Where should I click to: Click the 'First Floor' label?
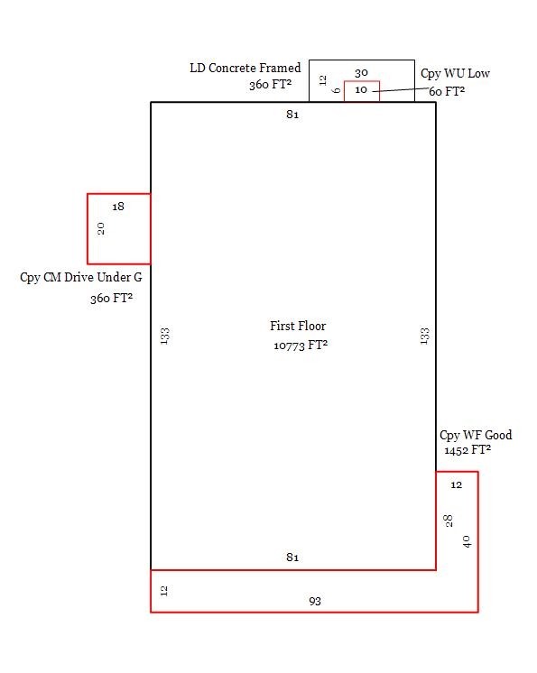[298, 326]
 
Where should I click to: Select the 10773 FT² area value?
[301, 346]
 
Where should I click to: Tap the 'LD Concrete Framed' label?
[245, 68]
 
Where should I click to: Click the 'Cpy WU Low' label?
[455, 74]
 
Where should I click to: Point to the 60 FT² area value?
[447, 91]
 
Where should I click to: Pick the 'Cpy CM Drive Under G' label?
[81, 278]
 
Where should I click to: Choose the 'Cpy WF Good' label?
[476, 435]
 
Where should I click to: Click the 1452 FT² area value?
[468, 450]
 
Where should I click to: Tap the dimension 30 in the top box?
[361, 73]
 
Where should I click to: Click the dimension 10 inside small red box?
[361, 89]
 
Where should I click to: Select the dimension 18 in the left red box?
[118, 207]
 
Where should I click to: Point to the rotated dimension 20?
[101, 229]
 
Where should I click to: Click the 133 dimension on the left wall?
[165, 336]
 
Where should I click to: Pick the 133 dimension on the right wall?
[424, 336]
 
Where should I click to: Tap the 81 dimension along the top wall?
[292, 115]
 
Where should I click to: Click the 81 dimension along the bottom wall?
[292, 558]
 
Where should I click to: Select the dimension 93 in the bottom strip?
[315, 602]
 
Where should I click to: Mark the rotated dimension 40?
[467, 541]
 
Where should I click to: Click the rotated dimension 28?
[449, 521]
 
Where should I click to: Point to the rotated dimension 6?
[337, 90]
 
